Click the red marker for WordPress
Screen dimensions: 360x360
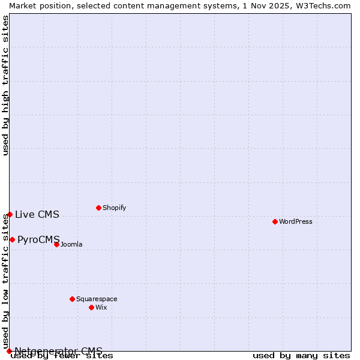coord(275,221)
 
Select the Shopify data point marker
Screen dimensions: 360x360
coord(98,208)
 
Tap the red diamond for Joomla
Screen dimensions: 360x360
coord(56,244)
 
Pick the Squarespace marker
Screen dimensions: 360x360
coord(72,299)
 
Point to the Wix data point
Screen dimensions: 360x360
coord(91,307)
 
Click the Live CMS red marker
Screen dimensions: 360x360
coord(10,214)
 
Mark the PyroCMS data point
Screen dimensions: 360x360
coord(12,239)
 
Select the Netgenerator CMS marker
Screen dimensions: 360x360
coord(9,351)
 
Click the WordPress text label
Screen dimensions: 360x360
coord(296,221)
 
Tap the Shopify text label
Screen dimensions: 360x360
coord(115,208)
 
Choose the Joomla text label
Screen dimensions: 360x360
coord(71,244)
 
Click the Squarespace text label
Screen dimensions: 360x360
coord(97,299)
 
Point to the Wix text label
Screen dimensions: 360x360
coord(101,307)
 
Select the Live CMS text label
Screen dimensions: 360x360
coord(37,214)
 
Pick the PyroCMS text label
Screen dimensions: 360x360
coord(39,239)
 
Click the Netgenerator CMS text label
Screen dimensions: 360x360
coord(58,351)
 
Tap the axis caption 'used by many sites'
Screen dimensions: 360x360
coord(301,356)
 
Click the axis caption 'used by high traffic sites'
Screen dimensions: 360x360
coord(5,85)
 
